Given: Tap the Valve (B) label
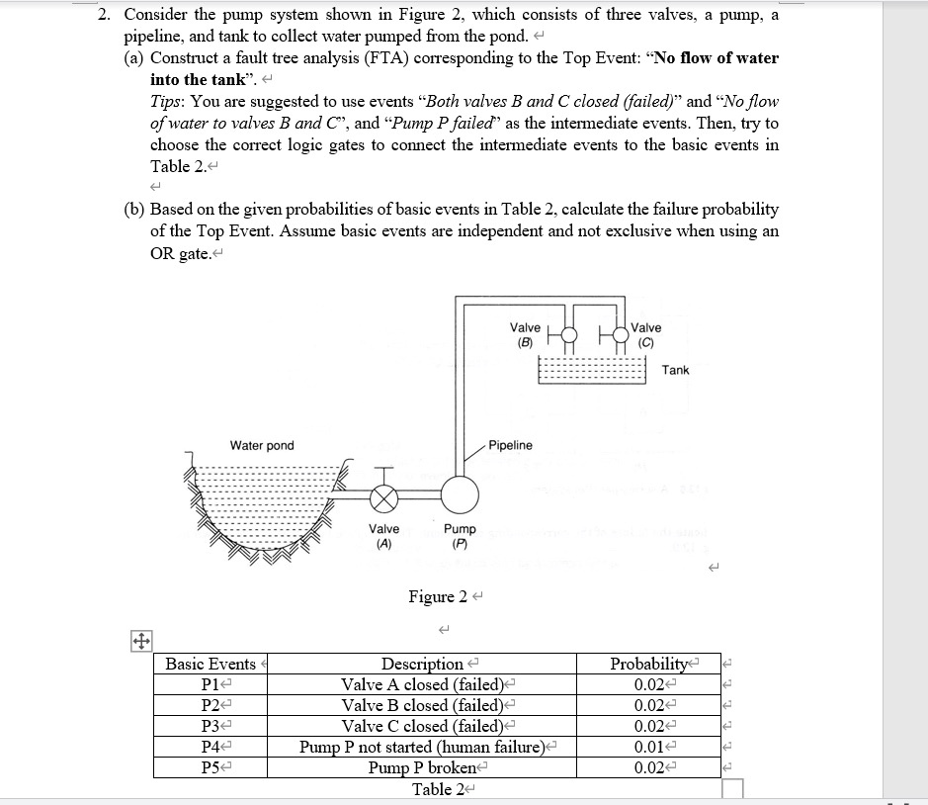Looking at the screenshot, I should coord(525,334).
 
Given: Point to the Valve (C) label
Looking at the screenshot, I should coord(646,334).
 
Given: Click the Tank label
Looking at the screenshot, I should coord(676,370).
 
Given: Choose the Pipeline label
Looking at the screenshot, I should coord(510,445).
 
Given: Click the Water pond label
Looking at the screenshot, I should coord(262,445).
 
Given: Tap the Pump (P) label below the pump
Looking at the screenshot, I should coord(460,536).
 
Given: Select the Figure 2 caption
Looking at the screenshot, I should coord(438,596).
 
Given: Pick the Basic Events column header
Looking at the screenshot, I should coord(210,664).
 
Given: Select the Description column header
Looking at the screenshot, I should coord(422,664).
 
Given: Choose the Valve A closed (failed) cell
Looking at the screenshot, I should coord(422,684).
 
